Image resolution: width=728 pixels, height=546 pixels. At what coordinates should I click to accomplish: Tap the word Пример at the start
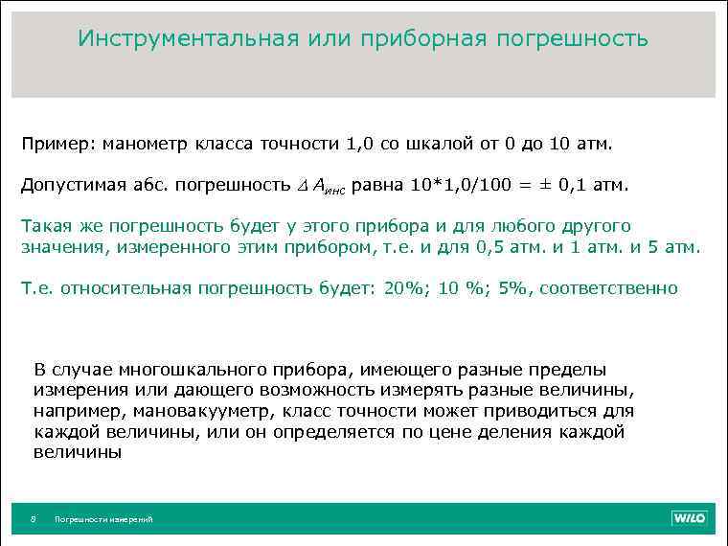(x=53, y=145)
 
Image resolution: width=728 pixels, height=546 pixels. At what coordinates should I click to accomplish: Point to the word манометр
(x=143, y=145)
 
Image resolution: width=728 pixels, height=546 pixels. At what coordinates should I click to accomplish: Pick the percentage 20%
(x=404, y=288)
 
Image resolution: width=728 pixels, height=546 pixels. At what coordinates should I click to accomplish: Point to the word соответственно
(x=608, y=288)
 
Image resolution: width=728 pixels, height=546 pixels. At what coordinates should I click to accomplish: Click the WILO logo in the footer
(x=688, y=518)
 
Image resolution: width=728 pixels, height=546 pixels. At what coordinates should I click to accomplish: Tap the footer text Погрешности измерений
(x=103, y=519)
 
